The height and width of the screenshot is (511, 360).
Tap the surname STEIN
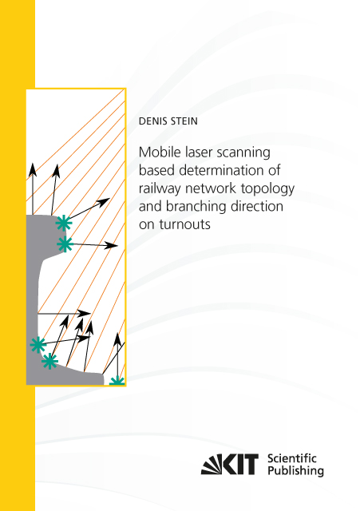184,121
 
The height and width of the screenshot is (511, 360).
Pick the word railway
160,189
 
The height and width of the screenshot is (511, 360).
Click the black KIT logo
230,464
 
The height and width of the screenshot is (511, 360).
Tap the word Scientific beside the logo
292,458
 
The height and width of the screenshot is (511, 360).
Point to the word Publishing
296,471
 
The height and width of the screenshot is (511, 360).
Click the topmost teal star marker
64,224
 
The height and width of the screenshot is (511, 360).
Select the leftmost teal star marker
38,345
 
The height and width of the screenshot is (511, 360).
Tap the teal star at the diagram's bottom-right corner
117,381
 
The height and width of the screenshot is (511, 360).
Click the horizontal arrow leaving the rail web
64,314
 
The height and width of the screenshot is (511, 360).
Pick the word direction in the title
257,207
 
